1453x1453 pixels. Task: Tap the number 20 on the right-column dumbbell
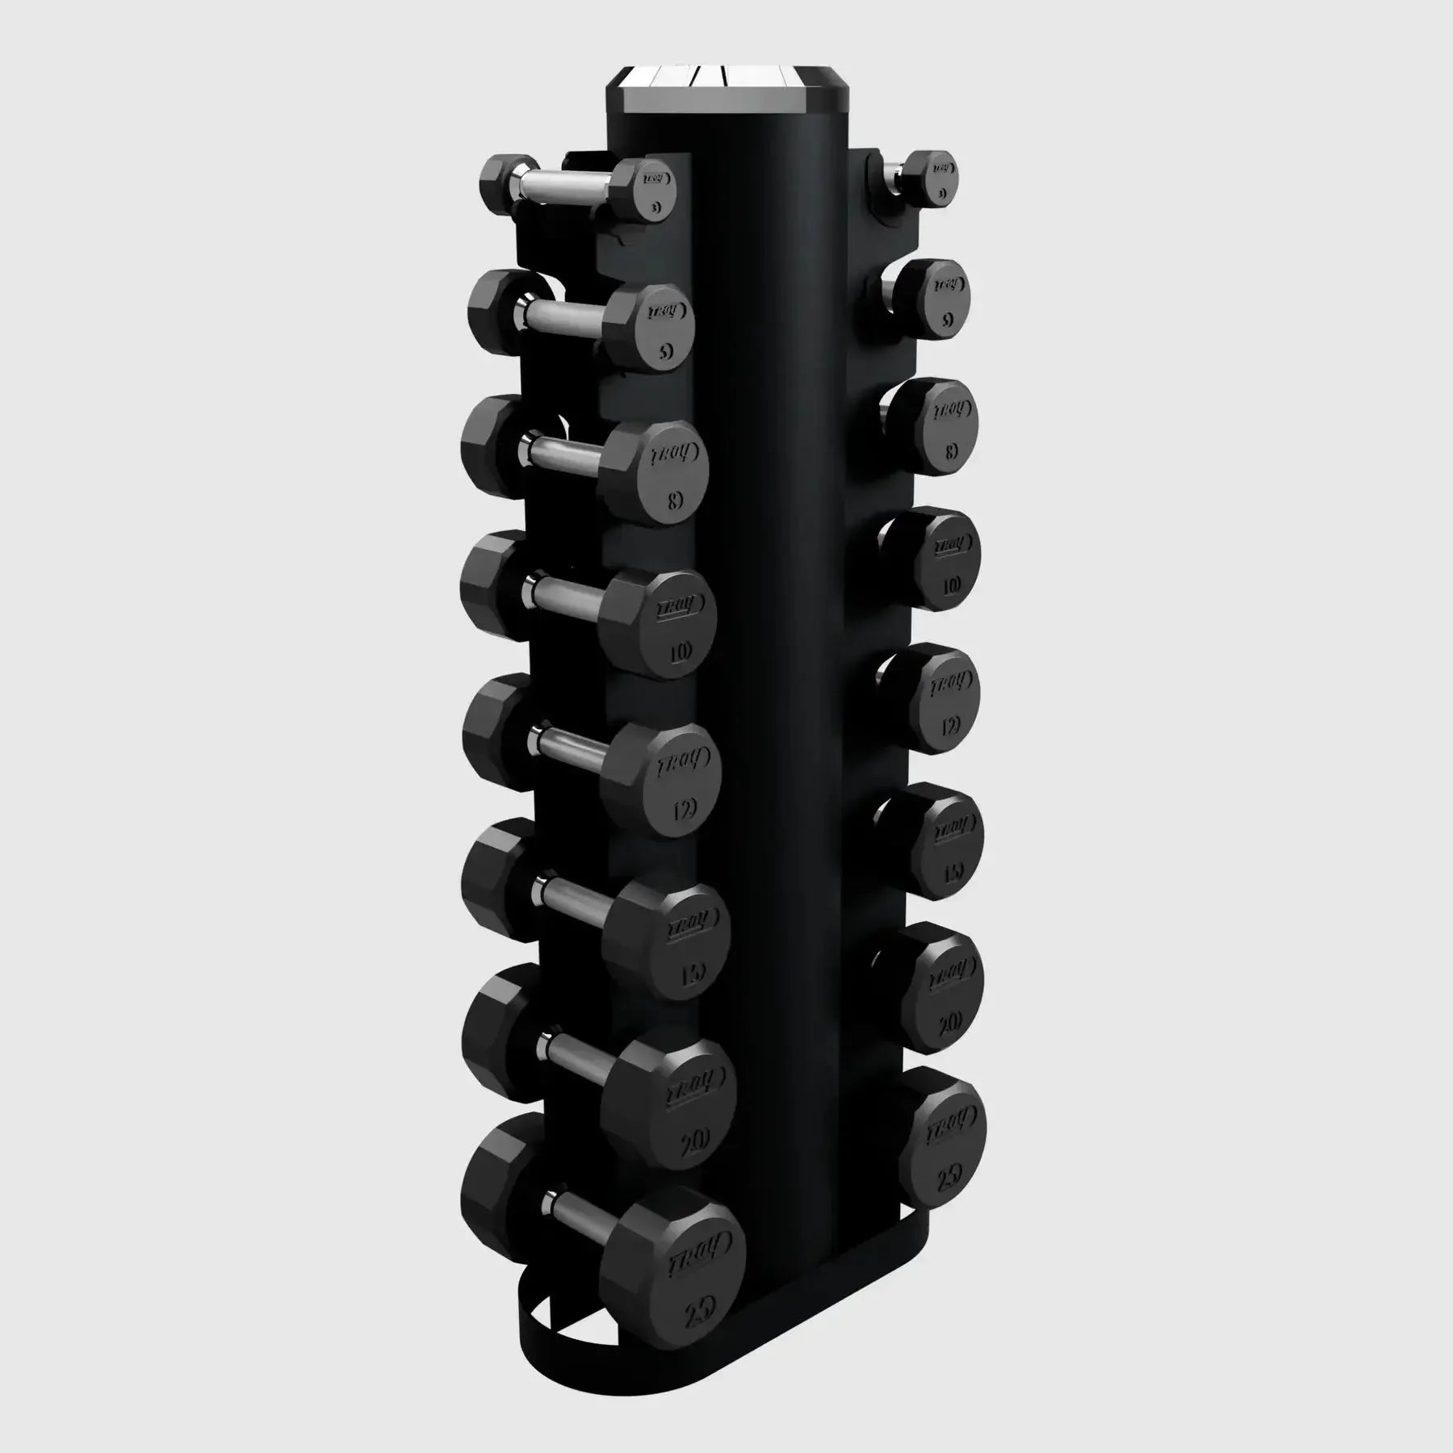point(950,1023)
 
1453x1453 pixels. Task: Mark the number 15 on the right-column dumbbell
point(953,873)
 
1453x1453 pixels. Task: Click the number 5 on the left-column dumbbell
point(664,351)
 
